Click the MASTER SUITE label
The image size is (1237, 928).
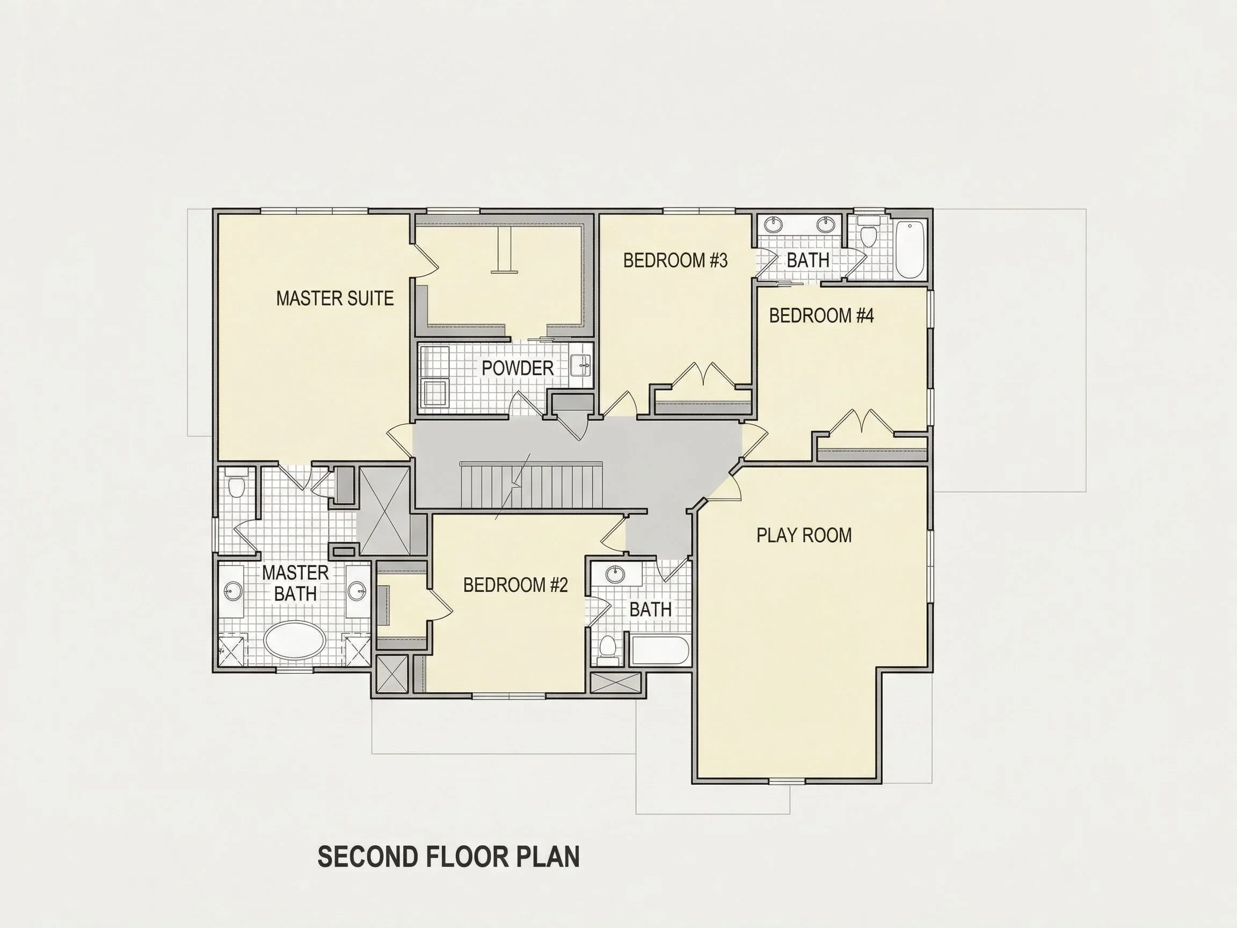(x=335, y=298)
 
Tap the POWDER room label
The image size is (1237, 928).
(x=518, y=368)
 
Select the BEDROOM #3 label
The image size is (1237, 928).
(x=675, y=260)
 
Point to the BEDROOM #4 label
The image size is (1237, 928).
(x=821, y=316)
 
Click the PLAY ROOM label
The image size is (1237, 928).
(x=804, y=535)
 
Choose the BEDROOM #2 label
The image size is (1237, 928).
(x=515, y=585)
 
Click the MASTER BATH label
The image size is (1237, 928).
(x=295, y=583)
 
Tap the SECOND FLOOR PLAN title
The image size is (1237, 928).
(x=448, y=857)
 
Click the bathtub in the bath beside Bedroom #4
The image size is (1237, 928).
(x=909, y=249)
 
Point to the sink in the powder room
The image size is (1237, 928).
(x=582, y=366)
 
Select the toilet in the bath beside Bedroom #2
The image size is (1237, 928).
(x=607, y=649)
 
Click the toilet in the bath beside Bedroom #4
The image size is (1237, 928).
(x=868, y=233)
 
